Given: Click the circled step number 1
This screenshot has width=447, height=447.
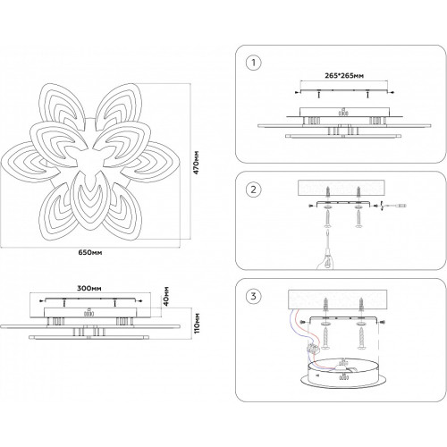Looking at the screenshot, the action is [x=254, y=63].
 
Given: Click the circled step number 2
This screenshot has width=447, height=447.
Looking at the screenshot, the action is [x=254, y=190].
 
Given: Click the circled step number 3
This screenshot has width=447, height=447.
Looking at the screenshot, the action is [x=254, y=296].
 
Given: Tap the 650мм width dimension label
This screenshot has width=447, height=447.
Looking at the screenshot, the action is [x=90, y=252].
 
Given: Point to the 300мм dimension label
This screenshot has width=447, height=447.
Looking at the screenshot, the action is [x=89, y=288].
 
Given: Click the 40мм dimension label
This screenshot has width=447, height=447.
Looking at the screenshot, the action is [x=166, y=297].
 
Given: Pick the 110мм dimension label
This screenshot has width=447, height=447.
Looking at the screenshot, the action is [x=197, y=324].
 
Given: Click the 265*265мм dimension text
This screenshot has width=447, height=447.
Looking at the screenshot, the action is [x=344, y=75].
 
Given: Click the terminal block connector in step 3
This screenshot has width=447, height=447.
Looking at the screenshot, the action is [x=313, y=348].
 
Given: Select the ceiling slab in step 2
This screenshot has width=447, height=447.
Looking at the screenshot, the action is [x=342, y=188].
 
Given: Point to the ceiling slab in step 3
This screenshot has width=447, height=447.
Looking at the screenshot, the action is [x=338, y=299].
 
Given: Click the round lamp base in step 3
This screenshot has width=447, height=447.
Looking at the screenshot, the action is [x=343, y=374].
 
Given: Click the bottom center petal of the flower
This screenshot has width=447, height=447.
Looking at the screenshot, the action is [x=89, y=202].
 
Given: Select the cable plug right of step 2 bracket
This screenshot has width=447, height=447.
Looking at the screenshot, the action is [x=398, y=206].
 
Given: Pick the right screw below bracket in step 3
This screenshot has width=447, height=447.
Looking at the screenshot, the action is [x=361, y=338].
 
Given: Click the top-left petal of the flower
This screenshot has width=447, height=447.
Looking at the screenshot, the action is [x=59, y=104].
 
